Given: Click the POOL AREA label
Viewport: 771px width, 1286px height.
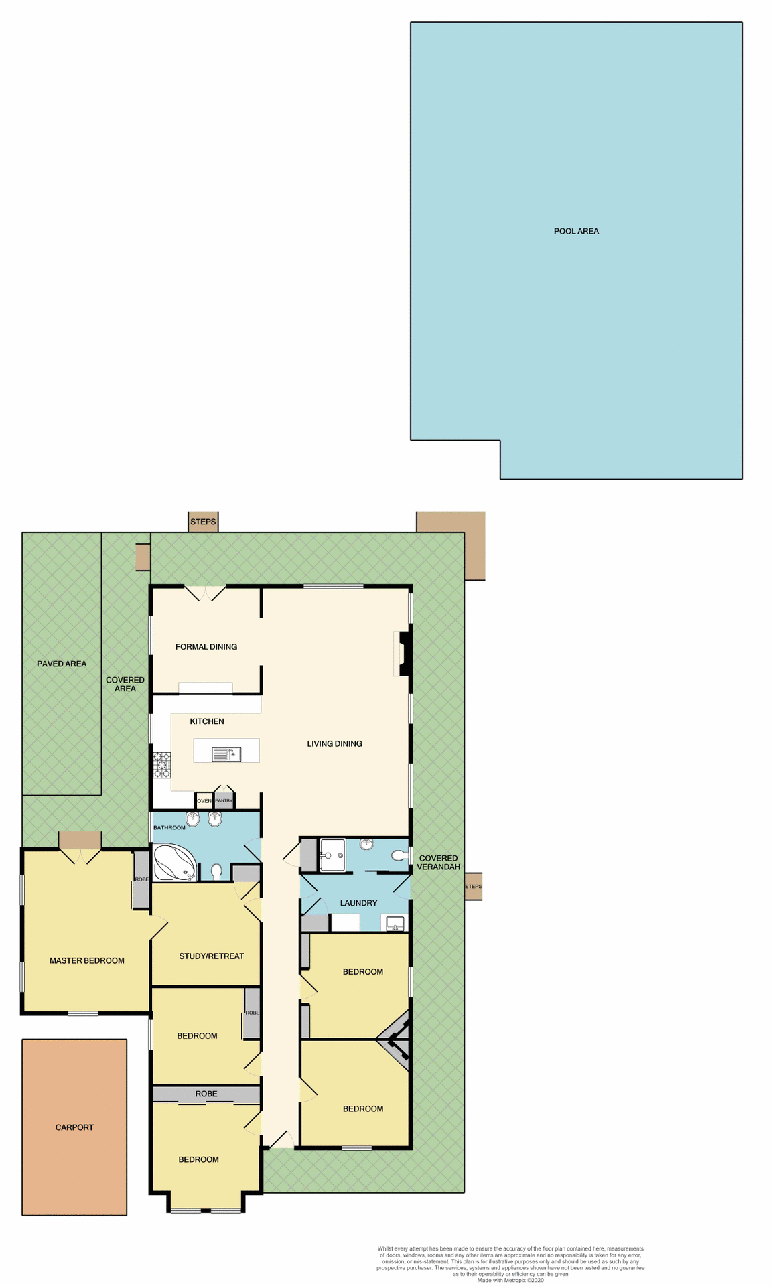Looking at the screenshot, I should tap(576, 231).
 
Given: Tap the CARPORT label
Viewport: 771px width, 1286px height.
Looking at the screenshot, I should tap(74, 1127).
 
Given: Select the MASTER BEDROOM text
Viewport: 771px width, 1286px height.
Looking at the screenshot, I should tap(87, 960).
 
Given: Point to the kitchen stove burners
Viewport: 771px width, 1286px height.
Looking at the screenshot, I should tap(162, 765).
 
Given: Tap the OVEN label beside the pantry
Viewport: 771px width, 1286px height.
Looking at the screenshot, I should tap(204, 801).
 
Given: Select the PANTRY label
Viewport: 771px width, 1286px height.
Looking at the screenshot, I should tap(224, 801).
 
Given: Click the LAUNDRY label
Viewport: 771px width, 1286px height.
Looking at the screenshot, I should tap(358, 903).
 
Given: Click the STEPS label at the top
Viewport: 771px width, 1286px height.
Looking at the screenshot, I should tap(203, 522).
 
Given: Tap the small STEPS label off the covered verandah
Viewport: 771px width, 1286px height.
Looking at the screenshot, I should tap(473, 886).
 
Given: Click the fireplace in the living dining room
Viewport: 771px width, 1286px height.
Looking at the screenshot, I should tap(403, 654).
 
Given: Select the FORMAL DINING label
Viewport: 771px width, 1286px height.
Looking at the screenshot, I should tap(206, 647).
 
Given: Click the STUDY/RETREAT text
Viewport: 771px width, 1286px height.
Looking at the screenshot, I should tap(212, 956).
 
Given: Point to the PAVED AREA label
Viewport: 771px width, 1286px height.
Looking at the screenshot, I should tap(62, 664).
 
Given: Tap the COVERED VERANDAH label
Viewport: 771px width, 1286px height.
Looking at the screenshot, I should tap(438, 862).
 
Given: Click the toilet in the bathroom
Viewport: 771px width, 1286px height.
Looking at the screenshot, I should tap(216, 871).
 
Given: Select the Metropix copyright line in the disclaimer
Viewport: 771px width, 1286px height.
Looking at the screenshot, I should tap(510, 1280).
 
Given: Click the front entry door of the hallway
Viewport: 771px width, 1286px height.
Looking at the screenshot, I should tap(281, 1141).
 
